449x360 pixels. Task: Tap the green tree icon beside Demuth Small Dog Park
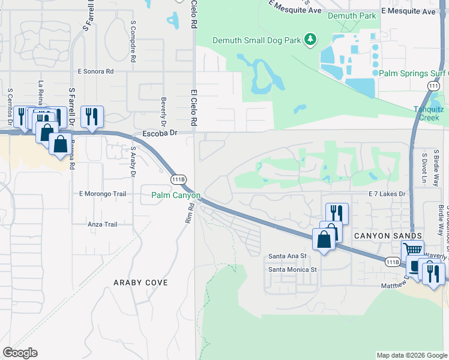(x=310, y=40)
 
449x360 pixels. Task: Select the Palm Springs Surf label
(x=413, y=73)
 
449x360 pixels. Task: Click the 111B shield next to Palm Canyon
(x=178, y=179)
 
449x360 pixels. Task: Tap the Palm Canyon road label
(x=175, y=195)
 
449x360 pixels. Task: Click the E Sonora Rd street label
(x=95, y=71)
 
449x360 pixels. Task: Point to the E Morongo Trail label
(x=103, y=194)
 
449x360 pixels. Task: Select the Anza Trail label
(x=102, y=224)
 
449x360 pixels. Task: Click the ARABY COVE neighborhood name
(x=141, y=282)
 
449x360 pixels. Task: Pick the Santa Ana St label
(x=288, y=256)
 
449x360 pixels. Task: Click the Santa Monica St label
(x=292, y=269)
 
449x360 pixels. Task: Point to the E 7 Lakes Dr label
(x=387, y=194)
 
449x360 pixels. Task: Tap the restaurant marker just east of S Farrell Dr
(x=91, y=116)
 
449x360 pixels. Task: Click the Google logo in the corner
(x=20, y=353)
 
